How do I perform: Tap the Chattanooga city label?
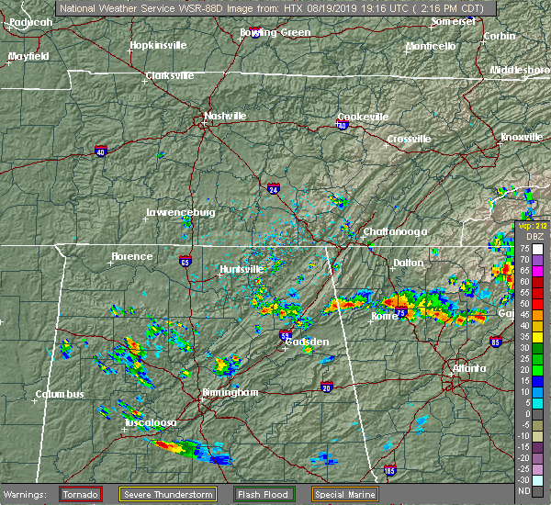coord(395,231)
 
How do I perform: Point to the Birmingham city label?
coord(231,392)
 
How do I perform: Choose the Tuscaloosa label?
coord(152,422)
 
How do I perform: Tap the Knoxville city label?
coord(521,137)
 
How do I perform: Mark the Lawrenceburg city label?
coord(182,213)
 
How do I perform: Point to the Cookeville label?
coord(363,117)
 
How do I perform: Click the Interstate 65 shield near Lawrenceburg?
coord(186,259)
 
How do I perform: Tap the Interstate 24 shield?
coord(274,189)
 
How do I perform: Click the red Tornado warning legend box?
coord(81,494)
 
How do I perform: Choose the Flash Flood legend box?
coord(264,494)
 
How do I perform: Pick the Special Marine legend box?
coord(345,494)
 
